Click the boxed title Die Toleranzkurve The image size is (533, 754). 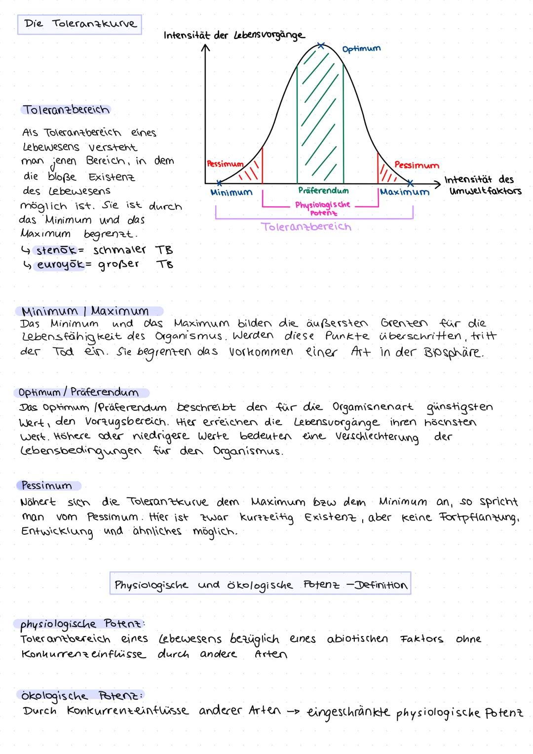(x=79, y=24)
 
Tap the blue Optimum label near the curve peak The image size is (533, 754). (x=361, y=49)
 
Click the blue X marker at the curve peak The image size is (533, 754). (x=321, y=46)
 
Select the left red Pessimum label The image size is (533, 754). (x=225, y=164)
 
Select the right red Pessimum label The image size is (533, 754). (x=417, y=165)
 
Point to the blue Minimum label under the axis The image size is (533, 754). (x=231, y=193)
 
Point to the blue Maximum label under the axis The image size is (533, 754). (x=405, y=192)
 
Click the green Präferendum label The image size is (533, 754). (x=323, y=191)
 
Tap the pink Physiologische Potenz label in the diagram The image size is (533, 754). (x=323, y=208)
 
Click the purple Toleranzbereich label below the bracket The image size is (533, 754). (x=306, y=227)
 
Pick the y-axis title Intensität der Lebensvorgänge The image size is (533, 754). (x=234, y=36)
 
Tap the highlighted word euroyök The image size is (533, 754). (x=59, y=265)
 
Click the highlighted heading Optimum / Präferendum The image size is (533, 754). (x=78, y=393)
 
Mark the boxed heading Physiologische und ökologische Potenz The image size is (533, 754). (x=260, y=585)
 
